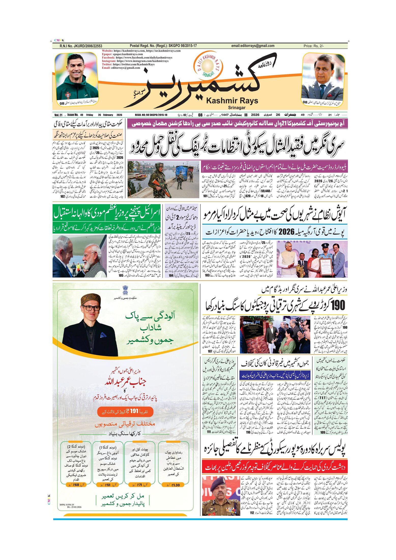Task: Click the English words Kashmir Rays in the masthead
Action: pos(232,101)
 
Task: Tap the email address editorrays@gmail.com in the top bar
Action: pos(253,46)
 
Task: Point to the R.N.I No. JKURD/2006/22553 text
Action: pos(81,46)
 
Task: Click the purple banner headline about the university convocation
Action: pos(237,124)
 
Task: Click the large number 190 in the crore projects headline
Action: pos(337,305)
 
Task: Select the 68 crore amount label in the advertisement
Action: pos(74,485)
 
